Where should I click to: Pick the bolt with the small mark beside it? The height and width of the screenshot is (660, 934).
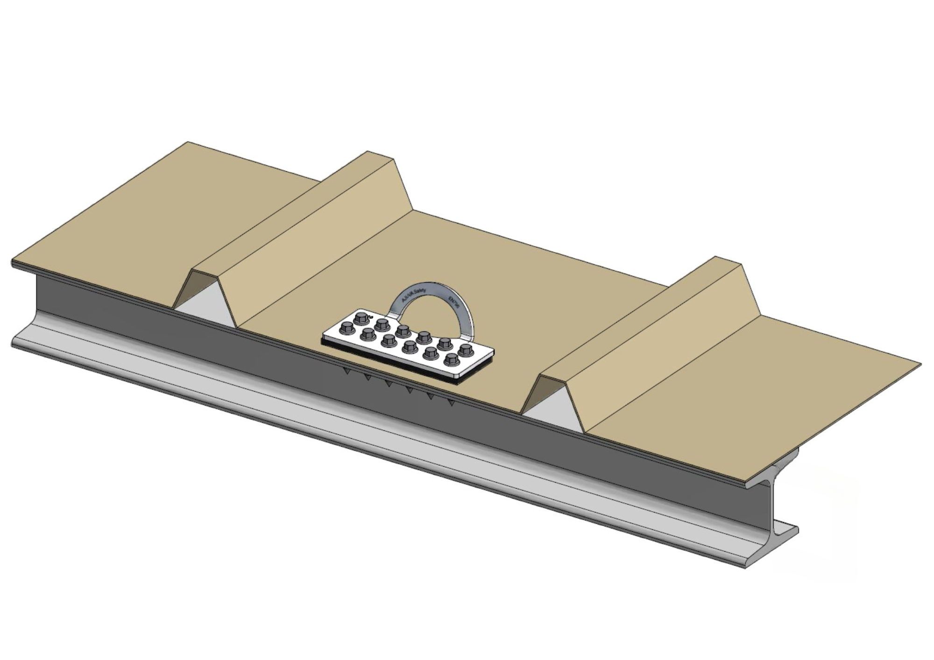tap(361, 319)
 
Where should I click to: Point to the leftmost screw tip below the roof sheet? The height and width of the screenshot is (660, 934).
tap(346, 371)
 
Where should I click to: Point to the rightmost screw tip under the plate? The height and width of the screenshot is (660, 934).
tap(451, 402)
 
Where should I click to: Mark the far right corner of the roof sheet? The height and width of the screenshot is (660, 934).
tap(920, 363)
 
